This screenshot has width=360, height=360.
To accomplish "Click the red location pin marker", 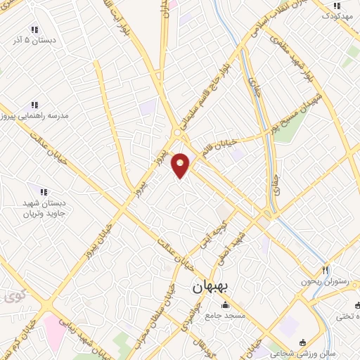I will [181, 166].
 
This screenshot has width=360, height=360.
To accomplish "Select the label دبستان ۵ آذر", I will [34, 41].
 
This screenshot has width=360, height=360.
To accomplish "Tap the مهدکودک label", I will [337, 17].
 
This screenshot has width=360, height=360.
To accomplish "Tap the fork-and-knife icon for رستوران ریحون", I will [325, 270].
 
